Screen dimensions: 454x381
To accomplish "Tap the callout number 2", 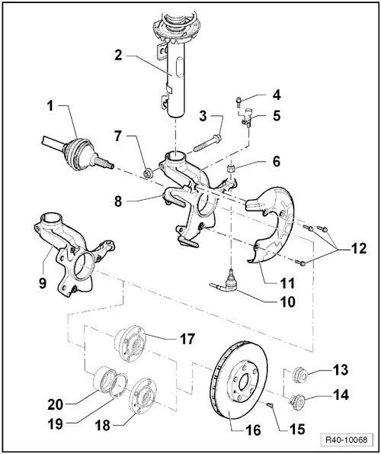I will pyautogui.click(x=119, y=55).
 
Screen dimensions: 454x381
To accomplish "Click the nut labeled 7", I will pyautogui.click(x=149, y=174).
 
